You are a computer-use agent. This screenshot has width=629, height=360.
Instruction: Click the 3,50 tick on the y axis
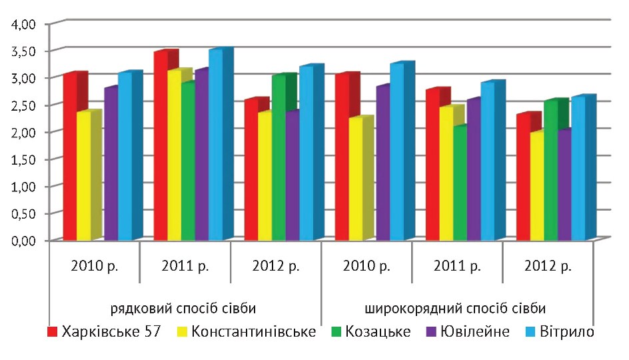25,51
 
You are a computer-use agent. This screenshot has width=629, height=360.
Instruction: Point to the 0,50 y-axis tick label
25,213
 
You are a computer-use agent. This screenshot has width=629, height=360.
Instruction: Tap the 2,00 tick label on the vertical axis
25,132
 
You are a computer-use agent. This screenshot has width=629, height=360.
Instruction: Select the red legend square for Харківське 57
52,331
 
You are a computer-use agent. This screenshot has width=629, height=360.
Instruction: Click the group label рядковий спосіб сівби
184,309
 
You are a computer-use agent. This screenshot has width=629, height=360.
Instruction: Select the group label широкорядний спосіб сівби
456,309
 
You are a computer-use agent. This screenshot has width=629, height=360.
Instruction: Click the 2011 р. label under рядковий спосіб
185,266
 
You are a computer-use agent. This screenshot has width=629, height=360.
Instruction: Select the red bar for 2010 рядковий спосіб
70,157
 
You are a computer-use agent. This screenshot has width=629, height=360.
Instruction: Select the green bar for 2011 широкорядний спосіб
460,183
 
